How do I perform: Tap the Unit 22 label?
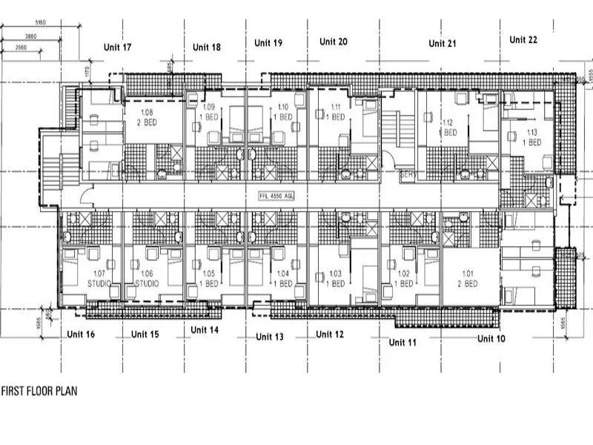pos(523,40)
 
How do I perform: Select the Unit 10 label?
pos(491,338)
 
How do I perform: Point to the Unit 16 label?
pos(81,334)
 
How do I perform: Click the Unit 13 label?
pos(269,337)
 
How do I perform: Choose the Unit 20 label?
pos(333,42)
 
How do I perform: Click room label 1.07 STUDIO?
pos(99,278)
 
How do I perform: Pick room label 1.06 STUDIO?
pos(147,278)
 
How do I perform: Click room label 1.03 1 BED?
pos(335,278)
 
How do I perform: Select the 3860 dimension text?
pos(30,36)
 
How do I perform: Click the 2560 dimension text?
pos(22,47)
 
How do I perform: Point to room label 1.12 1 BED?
pos(447,127)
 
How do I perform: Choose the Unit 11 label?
pos(402,342)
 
